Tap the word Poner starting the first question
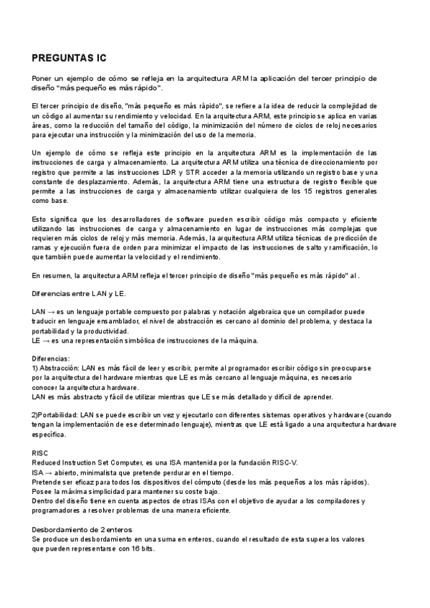(x=44, y=77)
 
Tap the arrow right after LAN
(x=54, y=313)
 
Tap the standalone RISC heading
(x=41, y=454)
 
